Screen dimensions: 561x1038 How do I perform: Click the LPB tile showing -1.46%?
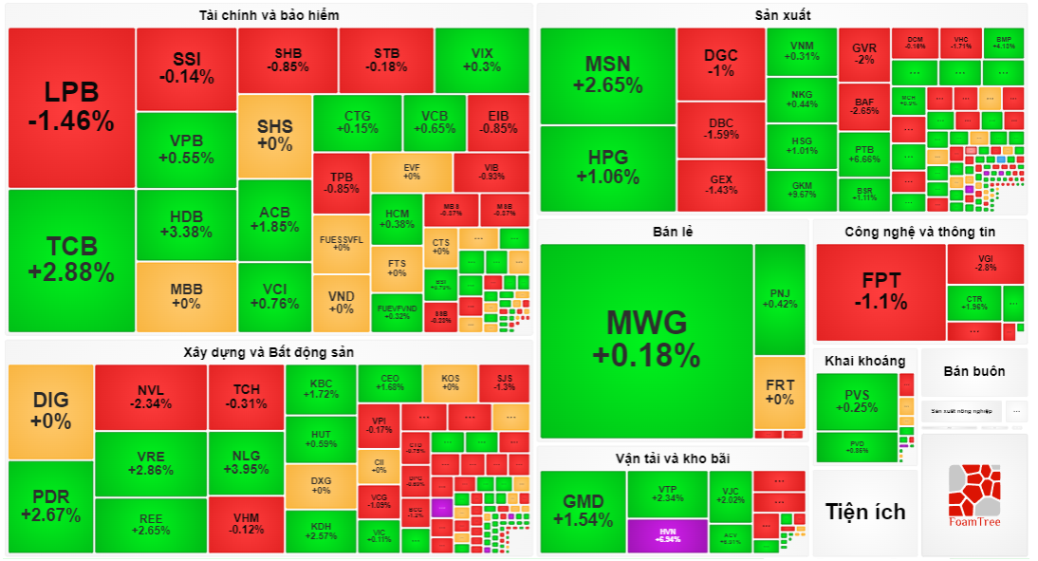[x=71, y=107]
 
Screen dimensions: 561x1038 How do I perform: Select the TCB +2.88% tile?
[x=71, y=260]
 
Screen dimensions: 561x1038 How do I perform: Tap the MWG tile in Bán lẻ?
[x=646, y=337]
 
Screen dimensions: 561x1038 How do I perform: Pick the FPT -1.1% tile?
[x=880, y=291]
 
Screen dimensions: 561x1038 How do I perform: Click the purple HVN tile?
[x=667, y=535]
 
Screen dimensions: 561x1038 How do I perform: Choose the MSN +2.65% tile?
[x=607, y=75]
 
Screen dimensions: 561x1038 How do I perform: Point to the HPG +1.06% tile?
[x=607, y=167]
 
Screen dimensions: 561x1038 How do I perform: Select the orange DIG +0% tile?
[x=50, y=410]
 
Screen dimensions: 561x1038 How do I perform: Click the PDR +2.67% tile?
[x=50, y=506]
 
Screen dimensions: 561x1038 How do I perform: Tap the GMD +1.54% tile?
[x=583, y=511]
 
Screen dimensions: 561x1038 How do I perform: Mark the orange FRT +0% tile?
[x=780, y=391]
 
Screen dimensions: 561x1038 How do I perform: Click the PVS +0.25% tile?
[x=856, y=402]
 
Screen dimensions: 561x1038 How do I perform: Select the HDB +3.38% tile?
[x=186, y=224]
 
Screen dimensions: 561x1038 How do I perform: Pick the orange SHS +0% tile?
[x=274, y=135]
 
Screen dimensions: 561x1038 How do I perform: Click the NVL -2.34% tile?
[x=150, y=397]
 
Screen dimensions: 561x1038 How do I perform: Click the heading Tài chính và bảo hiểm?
[x=269, y=15]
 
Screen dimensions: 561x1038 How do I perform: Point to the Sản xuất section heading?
[x=782, y=15]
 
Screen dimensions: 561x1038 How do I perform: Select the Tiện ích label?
[x=865, y=512]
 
